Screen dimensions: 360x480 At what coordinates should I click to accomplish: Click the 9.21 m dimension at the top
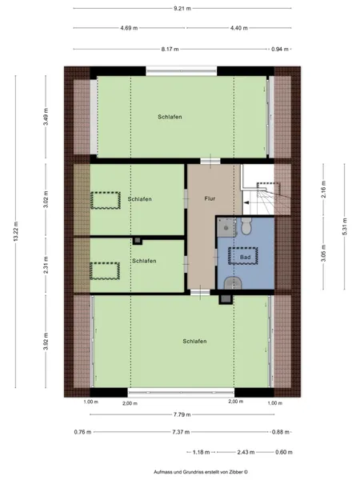tap(182, 9)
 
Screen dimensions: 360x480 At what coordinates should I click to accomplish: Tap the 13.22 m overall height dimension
tap(16, 231)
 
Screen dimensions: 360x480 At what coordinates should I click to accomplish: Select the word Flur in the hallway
tap(210, 198)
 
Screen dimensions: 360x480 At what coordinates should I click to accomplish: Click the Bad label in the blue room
tap(246, 257)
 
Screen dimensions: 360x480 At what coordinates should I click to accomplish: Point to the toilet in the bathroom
tap(246, 226)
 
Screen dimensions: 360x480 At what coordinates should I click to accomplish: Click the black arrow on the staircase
tap(246, 202)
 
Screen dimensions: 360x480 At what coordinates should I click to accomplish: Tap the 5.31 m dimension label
tap(345, 226)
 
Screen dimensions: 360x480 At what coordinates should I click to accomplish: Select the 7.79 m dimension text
tap(182, 414)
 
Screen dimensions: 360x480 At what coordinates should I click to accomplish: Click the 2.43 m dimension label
tap(246, 452)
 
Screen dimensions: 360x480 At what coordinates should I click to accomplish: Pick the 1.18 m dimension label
tap(201, 452)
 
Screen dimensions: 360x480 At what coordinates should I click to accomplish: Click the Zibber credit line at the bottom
tap(201, 472)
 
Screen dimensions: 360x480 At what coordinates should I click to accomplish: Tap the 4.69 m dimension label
tap(129, 28)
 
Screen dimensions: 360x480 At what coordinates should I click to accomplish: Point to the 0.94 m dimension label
tap(280, 49)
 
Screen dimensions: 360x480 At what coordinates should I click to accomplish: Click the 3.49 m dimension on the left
tap(46, 117)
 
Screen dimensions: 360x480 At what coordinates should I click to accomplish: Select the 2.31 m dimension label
tap(46, 265)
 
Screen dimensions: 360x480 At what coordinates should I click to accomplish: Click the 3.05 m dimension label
tap(324, 253)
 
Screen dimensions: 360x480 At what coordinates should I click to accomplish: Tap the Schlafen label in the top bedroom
tap(170, 117)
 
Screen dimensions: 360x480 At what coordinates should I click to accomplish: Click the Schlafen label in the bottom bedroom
tap(194, 341)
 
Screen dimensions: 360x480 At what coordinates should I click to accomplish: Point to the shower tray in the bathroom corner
tap(226, 227)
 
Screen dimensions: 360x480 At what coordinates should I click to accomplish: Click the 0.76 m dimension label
tap(82, 432)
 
